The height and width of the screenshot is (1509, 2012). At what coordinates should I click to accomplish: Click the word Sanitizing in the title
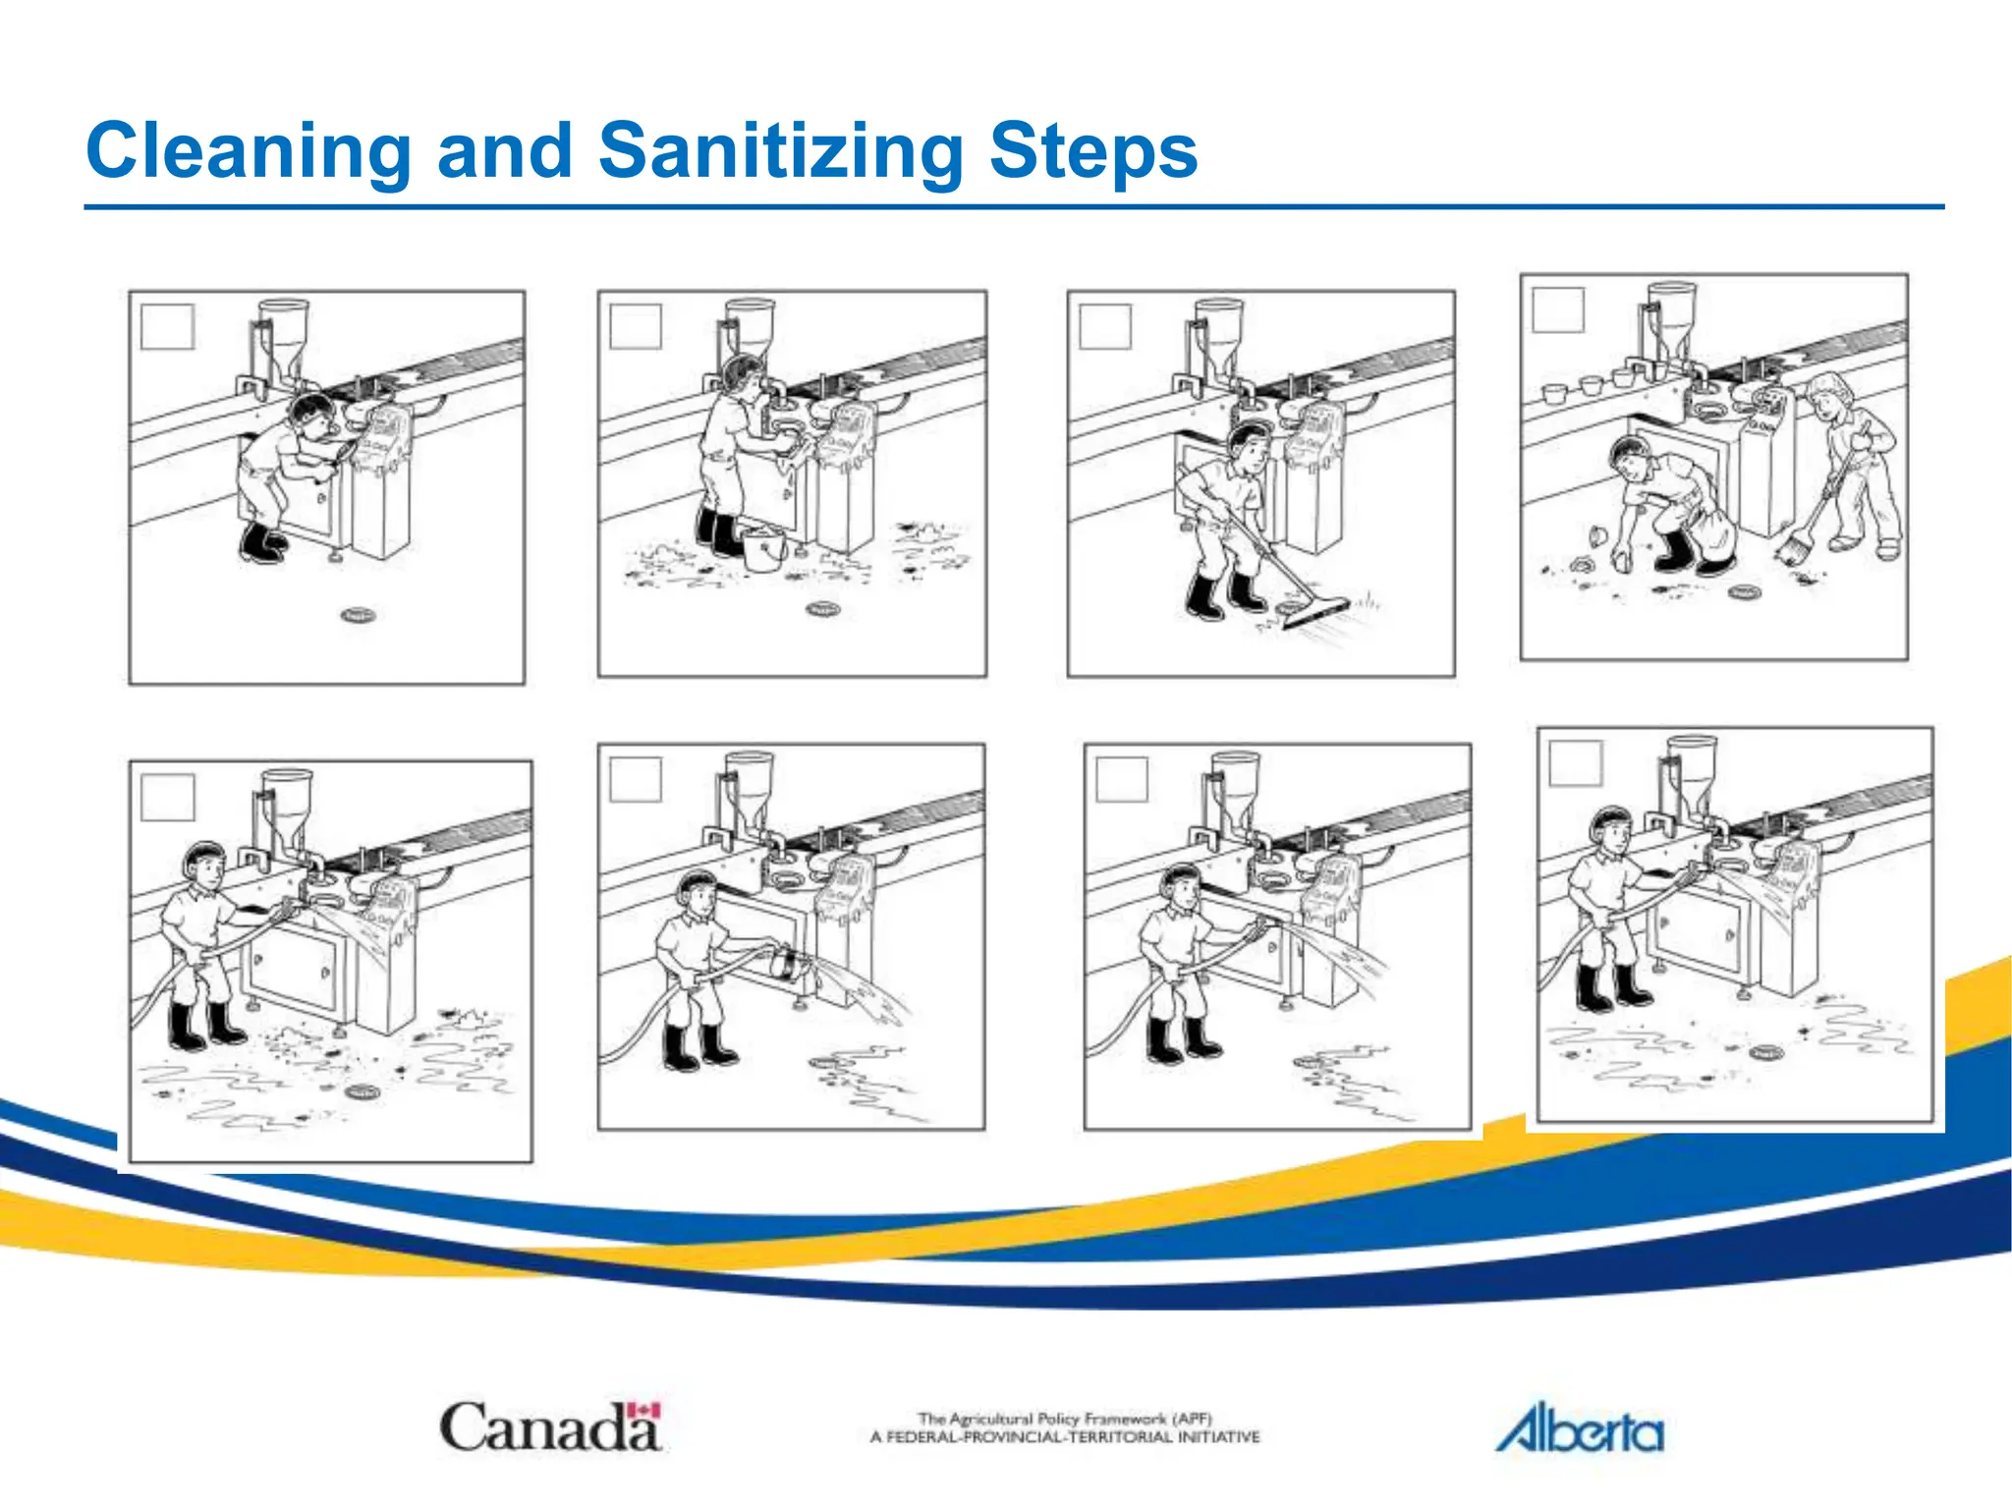pyautogui.click(x=781, y=151)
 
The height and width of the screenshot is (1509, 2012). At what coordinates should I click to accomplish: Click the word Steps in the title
pyautogui.click(x=1092, y=151)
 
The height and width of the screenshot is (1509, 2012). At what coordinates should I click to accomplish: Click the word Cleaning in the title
pyautogui.click(x=249, y=151)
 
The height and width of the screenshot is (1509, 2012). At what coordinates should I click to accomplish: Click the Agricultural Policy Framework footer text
pyautogui.click(x=1064, y=1427)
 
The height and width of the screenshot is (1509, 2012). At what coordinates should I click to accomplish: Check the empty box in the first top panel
pyautogui.click(x=167, y=326)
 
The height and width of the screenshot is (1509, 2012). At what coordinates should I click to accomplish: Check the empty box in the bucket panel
pyautogui.click(x=636, y=326)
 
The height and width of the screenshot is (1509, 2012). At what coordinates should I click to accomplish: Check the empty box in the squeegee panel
pyautogui.click(x=1105, y=326)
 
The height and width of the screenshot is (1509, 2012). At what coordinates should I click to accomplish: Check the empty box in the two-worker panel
pyautogui.click(x=1558, y=310)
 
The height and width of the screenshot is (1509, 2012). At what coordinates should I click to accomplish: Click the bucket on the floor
pyautogui.click(x=762, y=549)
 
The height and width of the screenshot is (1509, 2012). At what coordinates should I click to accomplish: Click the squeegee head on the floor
pyautogui.click(x=1313, y=612)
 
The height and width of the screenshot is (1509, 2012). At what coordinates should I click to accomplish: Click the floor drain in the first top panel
pyautogui.click(x=358, y=616)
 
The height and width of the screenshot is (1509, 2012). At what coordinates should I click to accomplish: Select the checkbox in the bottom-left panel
pyautogui.click(x=167, y=796)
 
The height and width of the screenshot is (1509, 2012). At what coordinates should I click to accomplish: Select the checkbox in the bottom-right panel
pyautogui.click(x=1576, y=762)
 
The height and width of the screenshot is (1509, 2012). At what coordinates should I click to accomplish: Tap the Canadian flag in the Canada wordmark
pyautogui.click(x=643, y=1411)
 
